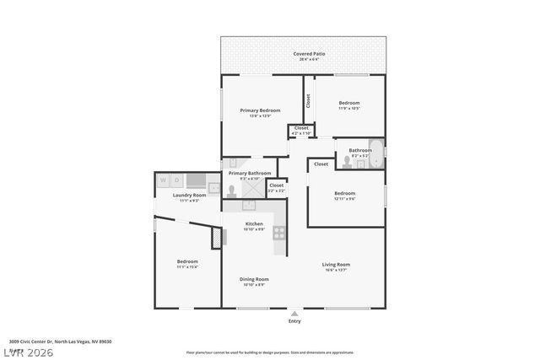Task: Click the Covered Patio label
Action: pyautogui.click(x=309, y=54)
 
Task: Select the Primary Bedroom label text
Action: pyautogui.click(x=260, y=110)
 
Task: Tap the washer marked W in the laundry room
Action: pyautogui.click(x=164, y=180)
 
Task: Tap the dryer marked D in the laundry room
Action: pyautogui.click(x=177, y=180)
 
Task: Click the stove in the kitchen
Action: pyautogui.click(x=279, y=234)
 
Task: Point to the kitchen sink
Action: pyautogui.click(x=251, y=205)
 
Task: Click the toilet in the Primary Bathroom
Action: pyautogui.click(x=232, y=191)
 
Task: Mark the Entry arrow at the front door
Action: pyautogui.click(x=294, y=313)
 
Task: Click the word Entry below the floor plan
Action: pyautogui.click(x=294, y=321)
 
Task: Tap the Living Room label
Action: pyautogui.click(x=336, y=265)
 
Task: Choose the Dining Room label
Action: pyautogui.click(x=255, y=279)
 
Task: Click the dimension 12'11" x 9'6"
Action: pyautogui.click(x=344, y=199)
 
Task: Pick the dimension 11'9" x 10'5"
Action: pyautogui.click(x=349, y=108)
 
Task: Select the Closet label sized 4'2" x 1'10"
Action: pyautogui.click(x=300, y=133)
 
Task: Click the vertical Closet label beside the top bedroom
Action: pyautogui.click(x=309, y=101)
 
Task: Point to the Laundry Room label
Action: pyautogui.click(x=189, y=195)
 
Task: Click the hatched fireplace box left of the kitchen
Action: pyautogui.click(x=216, y=238)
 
